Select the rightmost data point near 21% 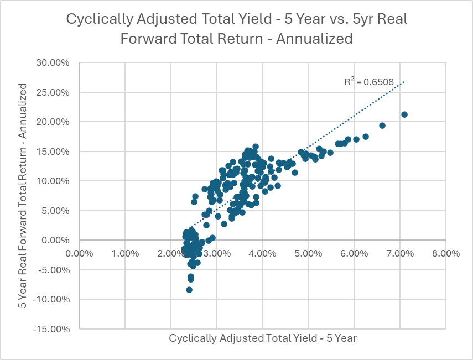404,114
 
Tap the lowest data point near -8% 189,290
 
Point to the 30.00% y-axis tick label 53,62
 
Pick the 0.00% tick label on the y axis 55,240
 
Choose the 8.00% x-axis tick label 446,253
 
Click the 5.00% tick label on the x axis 308,253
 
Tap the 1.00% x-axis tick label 125,253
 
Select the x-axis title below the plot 263,338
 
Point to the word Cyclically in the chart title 91,19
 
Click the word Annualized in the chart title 319,38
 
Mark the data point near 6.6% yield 382,126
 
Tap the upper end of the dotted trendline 404,82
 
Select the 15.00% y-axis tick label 53,152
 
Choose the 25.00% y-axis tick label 53,92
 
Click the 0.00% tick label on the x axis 79,253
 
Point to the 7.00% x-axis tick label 400,253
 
